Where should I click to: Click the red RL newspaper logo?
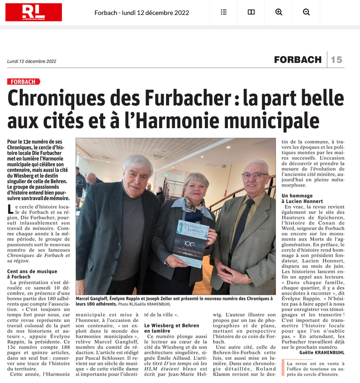(33, 12)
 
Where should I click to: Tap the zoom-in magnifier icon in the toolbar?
(279, 12)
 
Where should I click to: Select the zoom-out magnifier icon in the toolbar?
(306, 12)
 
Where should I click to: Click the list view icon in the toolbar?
(223, 12)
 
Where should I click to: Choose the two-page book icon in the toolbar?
(251, 12)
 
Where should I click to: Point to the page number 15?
(336, 59)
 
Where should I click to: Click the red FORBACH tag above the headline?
(24, 81)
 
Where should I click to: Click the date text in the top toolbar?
(142, 12)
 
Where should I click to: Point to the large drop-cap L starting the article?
(11, 209)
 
